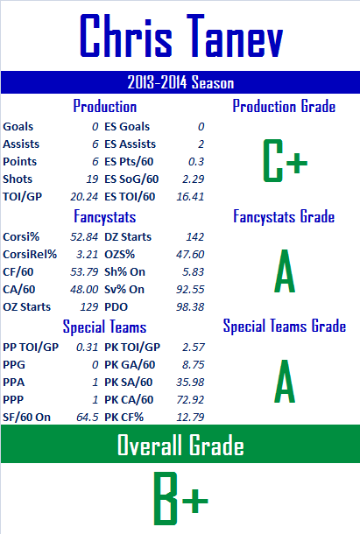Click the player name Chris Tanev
click(x=181, y=36)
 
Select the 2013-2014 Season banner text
click(x=180, y=82)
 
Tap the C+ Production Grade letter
click(x=285, y=160)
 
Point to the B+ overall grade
click(x=180, y=498)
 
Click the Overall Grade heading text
click(x=180, y=445)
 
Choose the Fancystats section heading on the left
click(x=104, y=216)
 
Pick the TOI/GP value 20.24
click(x=84, y=196)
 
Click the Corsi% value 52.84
click(x=84, y=236)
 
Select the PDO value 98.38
click(x=190, y=307)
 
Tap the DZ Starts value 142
click(x=195, y=236)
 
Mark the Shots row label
click(x=18, y=179)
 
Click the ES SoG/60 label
click(x=131, y=179)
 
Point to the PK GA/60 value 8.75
click(x=194, y=364)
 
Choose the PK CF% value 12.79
click(x=190, y=417)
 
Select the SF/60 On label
click(x=26, y=417)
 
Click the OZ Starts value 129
click(x=89, y=307)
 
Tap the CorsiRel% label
click(x=30, y=255)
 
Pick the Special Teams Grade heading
click(x=285, y=326)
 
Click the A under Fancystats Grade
click(x=285, y=271)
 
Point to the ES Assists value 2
click(x=201, y=144)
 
